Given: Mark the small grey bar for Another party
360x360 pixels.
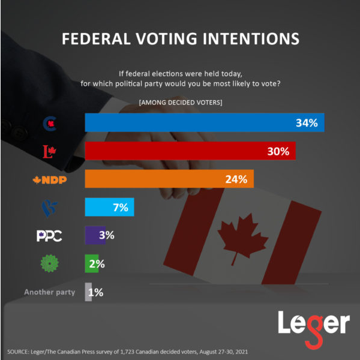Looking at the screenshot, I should tap(88, 292).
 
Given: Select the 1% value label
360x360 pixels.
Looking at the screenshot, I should tap(97, 292).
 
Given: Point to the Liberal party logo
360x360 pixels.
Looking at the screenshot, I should tap(50, 152).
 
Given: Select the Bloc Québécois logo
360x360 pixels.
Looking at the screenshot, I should tap(50, 208).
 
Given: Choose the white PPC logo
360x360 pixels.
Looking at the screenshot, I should tap(50, 235).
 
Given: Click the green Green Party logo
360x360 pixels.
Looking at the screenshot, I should tap(49, 263).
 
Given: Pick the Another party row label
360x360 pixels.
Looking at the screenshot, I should tap(50, 292).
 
